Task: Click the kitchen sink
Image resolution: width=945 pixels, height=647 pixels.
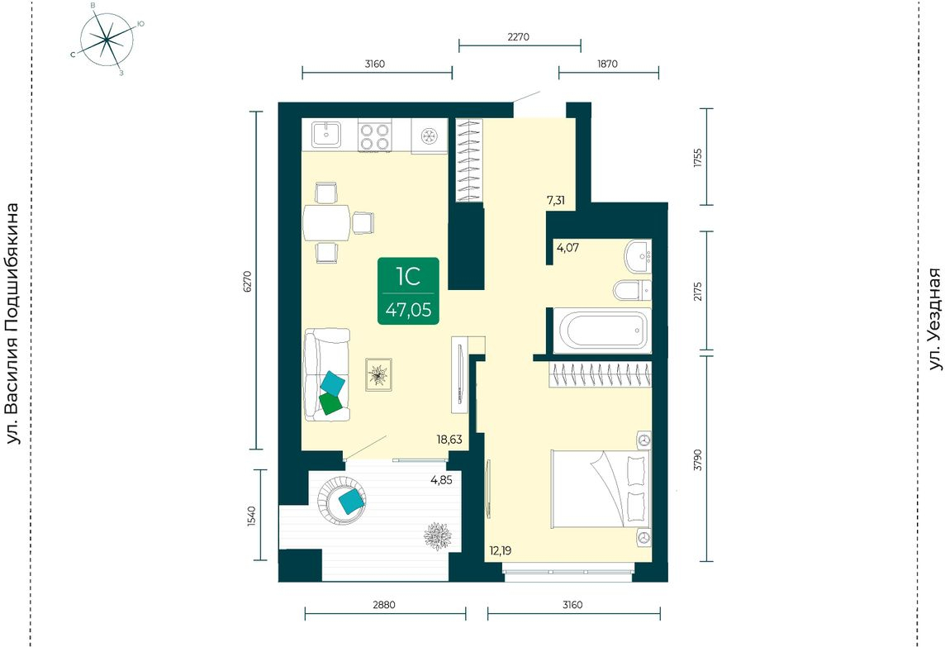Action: (326, 134)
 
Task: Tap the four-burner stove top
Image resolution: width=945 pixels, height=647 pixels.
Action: (374, 136)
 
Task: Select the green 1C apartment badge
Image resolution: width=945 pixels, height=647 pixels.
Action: (409, 291)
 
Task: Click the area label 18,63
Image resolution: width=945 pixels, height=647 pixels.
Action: (449, 440)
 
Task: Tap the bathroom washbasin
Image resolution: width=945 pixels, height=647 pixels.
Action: (639, 255)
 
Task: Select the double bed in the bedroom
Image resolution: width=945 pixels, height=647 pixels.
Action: (601, 489)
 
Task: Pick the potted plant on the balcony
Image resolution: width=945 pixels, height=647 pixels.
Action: (438, 535)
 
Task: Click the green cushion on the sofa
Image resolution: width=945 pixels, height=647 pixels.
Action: (330, 402)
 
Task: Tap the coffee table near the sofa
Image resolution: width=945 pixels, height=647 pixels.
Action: (378, 374)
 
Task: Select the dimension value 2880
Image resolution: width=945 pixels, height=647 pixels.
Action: (384, 604)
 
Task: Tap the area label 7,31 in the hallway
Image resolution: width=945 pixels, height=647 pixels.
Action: (556, 200)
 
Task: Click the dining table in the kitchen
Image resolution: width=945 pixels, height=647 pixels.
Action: (326, 222)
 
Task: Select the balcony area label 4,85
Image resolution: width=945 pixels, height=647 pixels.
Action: (441, 481)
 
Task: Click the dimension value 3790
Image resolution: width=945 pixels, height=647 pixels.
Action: (698, 459)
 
